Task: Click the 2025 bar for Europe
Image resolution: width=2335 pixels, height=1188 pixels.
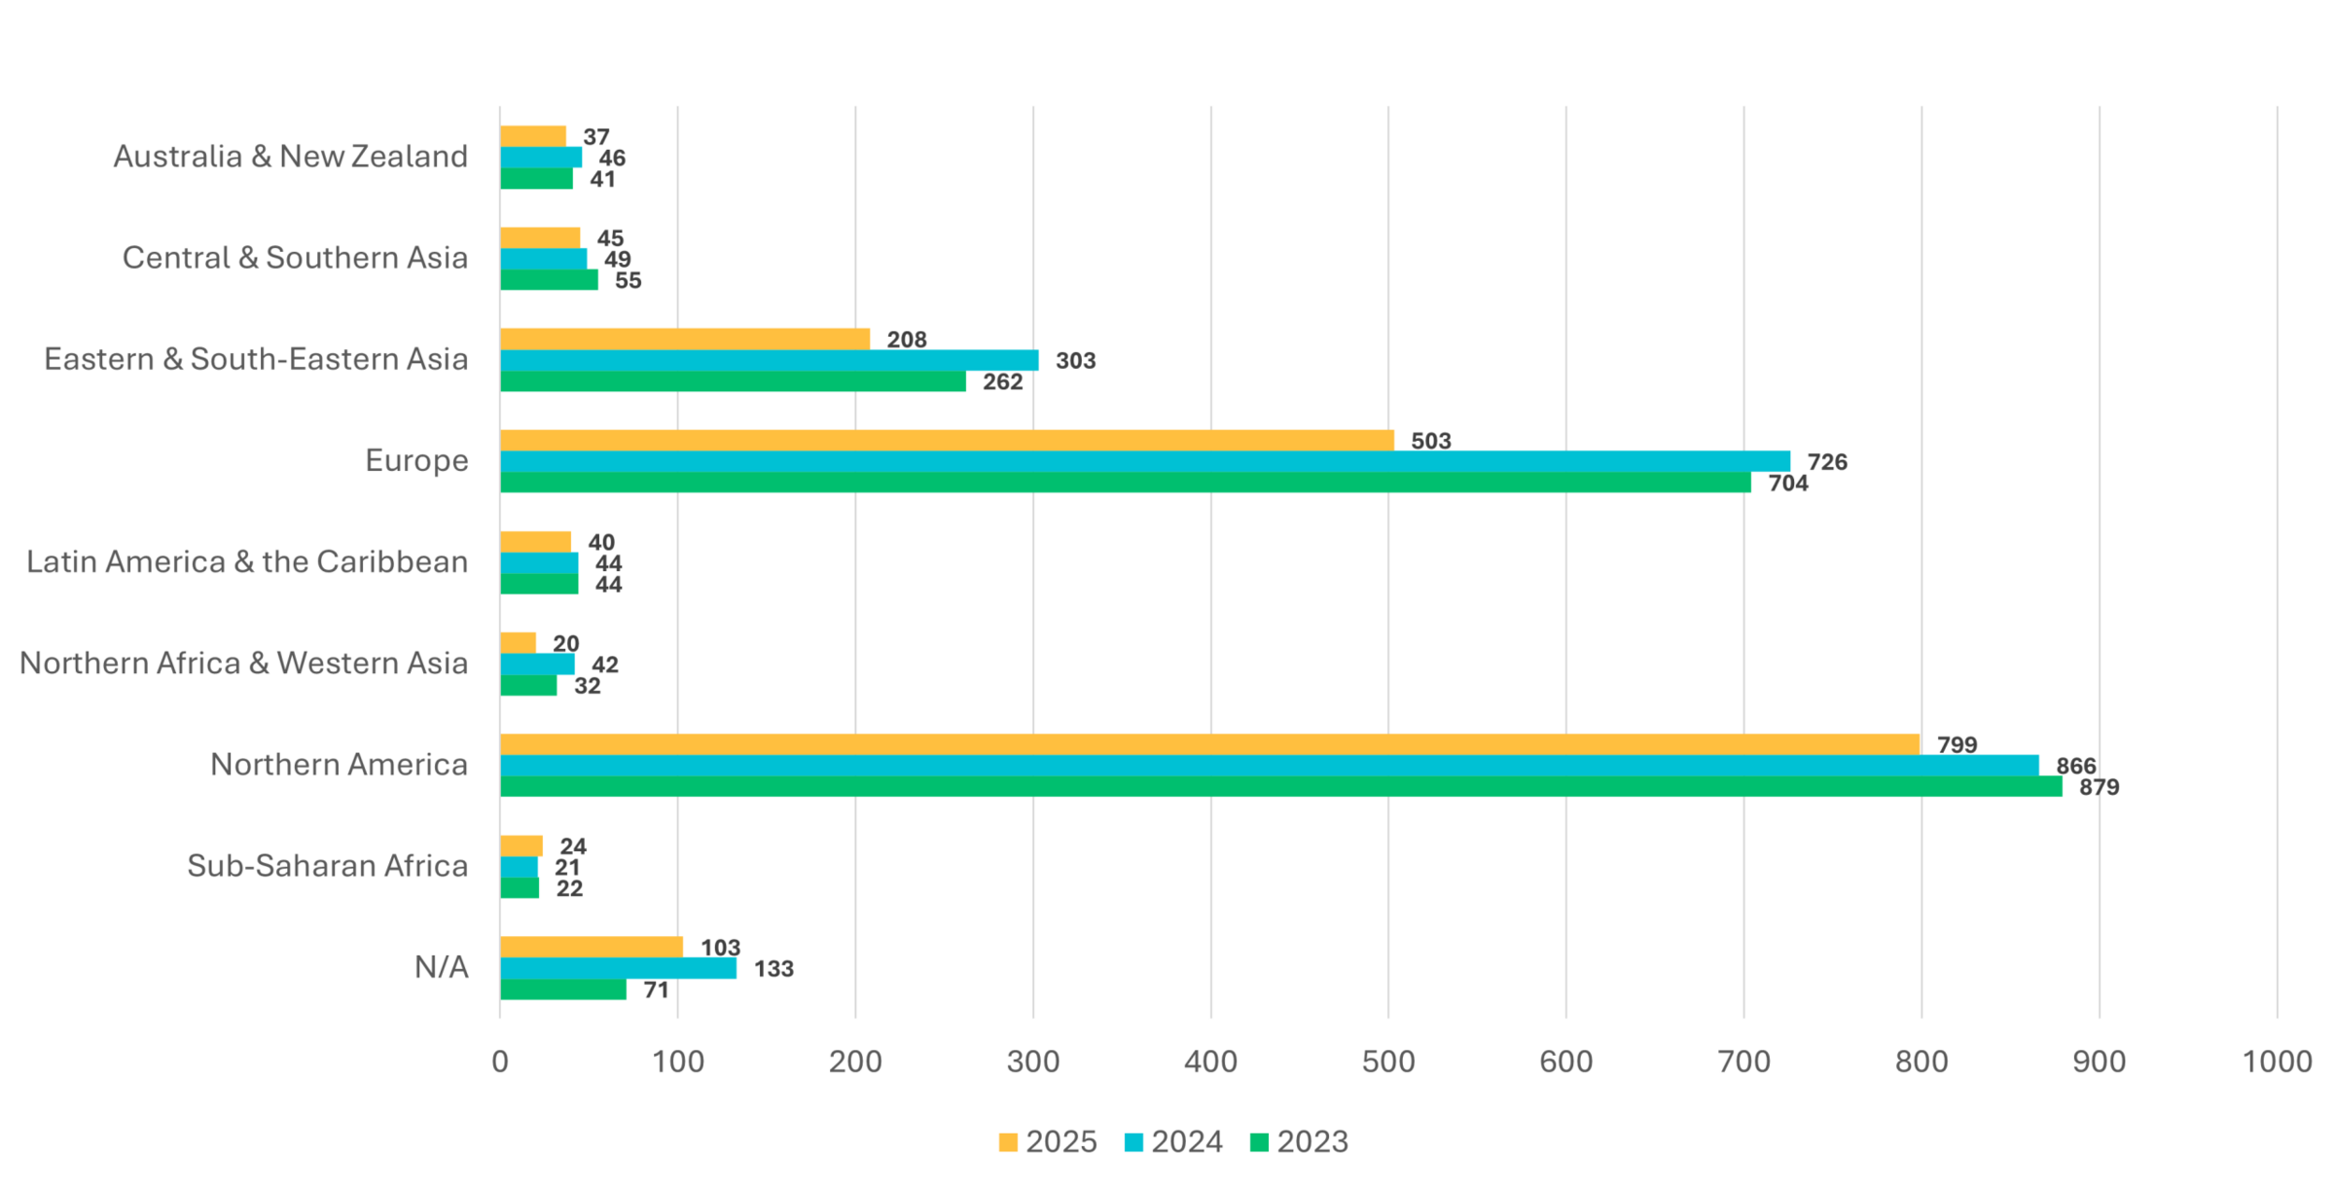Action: point(946,441)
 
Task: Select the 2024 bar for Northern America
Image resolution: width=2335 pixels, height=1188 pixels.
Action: point(1269,766)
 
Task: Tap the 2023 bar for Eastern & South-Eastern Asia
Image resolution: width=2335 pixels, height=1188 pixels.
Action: point(733,381)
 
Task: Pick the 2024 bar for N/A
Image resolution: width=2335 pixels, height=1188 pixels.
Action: point(618,968)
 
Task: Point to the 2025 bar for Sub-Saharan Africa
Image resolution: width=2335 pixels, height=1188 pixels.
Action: point(521,846)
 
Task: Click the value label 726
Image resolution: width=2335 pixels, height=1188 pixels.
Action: point(1827,462)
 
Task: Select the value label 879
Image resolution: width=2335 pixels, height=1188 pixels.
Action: point(2099,787)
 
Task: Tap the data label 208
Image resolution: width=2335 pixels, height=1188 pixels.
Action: point(907,340)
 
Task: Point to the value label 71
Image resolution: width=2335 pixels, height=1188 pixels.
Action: point(656,990)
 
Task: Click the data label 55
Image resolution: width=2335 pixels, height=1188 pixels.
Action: point(628,280)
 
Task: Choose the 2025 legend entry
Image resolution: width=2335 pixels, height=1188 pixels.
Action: point(1047,1141)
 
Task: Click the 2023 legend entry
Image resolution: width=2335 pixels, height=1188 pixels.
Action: point(1299,1141)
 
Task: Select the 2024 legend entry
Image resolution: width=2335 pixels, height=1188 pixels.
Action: point(1173,1141)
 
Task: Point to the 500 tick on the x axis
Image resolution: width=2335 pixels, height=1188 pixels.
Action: point(1388,1062)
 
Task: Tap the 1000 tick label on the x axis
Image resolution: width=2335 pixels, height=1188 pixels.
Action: point(2277,1062)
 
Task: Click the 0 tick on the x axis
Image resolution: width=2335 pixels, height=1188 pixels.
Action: point(500,1062)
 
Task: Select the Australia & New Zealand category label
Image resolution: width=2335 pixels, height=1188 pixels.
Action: point(290,157)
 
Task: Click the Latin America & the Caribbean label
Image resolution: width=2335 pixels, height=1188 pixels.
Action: point(247,562)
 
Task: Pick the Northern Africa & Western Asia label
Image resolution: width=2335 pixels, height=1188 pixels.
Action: point(243,664)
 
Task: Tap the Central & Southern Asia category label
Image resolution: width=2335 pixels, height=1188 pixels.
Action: point(295,258)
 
